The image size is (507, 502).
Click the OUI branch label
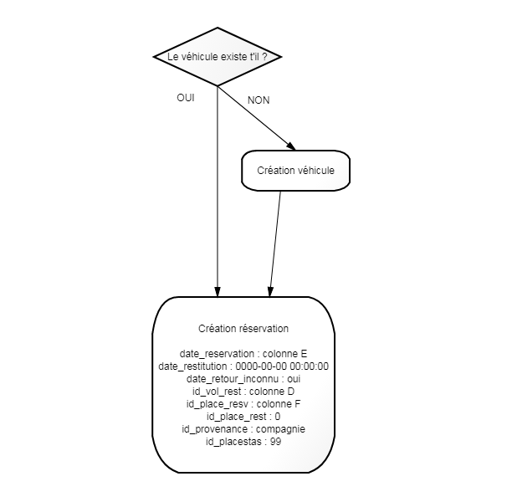186,98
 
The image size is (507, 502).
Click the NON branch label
259,100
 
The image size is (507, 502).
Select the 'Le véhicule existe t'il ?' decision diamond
218,57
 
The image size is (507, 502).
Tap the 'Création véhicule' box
295,171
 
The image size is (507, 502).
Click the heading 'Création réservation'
243,329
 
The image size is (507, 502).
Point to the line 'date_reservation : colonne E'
243,354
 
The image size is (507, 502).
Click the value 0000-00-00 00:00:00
282,366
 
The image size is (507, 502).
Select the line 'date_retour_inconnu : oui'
243,379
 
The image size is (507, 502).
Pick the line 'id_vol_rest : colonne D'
243,392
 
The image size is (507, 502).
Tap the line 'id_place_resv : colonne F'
243,404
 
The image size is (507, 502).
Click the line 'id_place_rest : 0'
243,417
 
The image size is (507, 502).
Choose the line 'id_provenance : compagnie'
243,429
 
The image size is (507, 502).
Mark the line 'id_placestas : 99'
243,442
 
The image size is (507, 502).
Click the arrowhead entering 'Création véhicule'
291,146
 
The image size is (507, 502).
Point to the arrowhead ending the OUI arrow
218,292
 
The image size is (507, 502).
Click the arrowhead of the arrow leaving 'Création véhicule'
270,292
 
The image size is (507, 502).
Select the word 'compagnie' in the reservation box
280,429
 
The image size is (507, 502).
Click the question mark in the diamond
264,57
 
